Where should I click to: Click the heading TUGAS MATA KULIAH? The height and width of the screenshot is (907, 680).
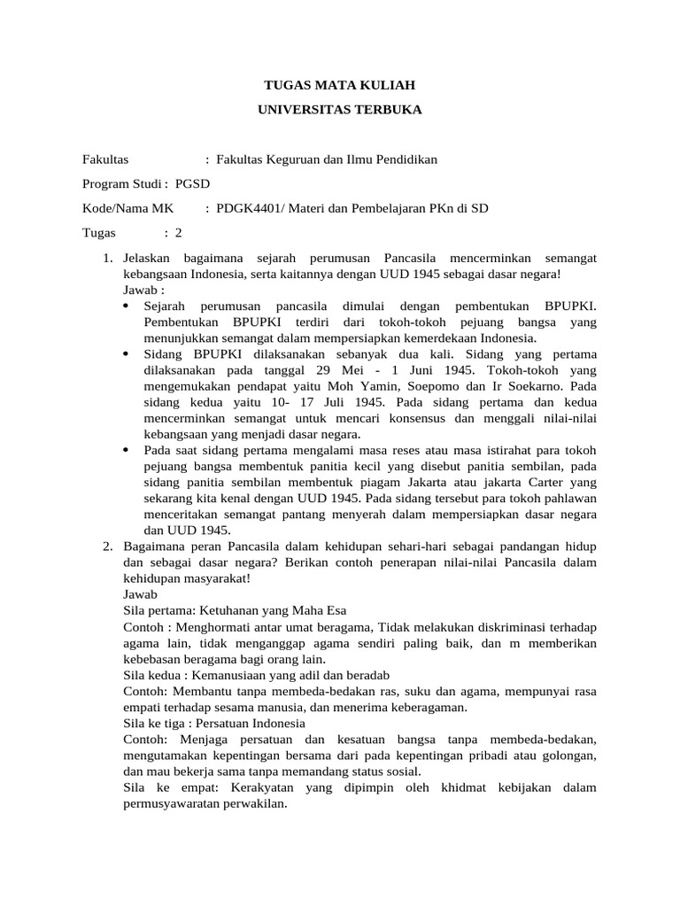[x=340, y=85]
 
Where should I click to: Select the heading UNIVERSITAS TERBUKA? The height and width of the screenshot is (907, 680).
[x=340, y=110]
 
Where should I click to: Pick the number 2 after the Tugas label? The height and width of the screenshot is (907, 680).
[x=178, y=233]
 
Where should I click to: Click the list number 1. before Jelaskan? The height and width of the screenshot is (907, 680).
[x=108, y=258]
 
